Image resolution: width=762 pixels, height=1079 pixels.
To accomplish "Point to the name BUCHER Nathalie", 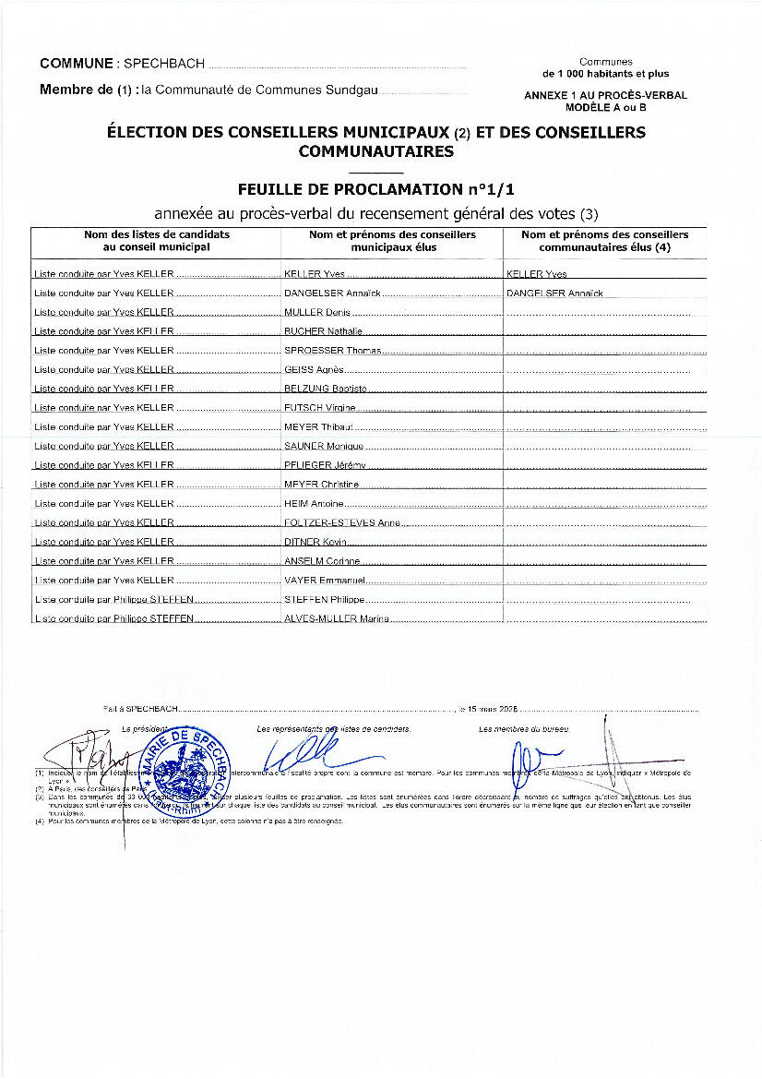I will pos(323,331).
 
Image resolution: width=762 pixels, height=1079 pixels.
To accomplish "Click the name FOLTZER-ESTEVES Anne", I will pos(341,522).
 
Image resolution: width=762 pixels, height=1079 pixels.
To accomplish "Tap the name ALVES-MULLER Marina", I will pos(336,618).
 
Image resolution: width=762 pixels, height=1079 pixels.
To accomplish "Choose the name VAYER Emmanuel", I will pos(325,581).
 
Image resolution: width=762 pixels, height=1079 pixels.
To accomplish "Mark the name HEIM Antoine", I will pos(314,504).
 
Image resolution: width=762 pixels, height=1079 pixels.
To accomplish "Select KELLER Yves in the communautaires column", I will pos(537,274).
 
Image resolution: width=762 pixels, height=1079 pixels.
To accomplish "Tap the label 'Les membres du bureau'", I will pos(524,729).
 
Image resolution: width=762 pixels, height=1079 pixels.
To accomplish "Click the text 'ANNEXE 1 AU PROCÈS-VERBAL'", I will pos(605,95).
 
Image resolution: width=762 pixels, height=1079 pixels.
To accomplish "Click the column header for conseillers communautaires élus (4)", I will pos(604,240).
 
